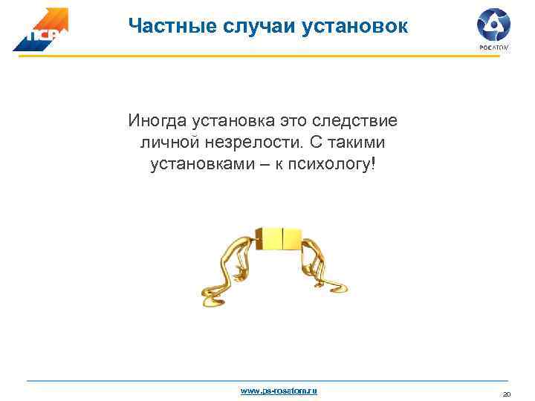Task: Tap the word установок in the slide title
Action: click(x=354, y=26)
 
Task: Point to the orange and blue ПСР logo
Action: click(x=40, y=30)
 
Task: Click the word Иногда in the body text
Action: click(x=158, y=120)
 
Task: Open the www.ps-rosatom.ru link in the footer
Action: click(x=279, y=390)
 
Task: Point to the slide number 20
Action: click(x=508, y=394)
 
